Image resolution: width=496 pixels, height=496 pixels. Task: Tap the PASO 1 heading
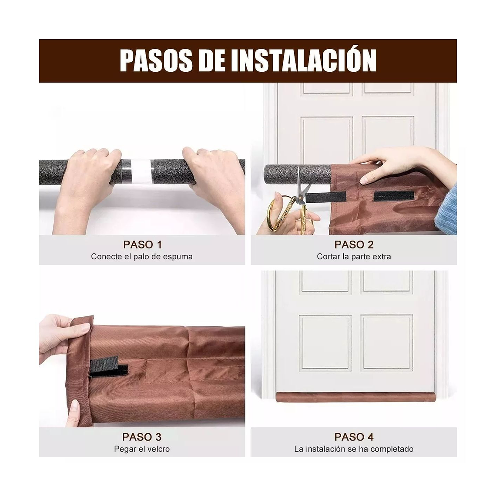(x=142, y=245)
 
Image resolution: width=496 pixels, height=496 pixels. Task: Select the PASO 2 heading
(x=354, y=245)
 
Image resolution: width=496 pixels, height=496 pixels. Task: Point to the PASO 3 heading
(x=142, y=437)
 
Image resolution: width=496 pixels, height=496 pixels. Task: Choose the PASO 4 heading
(x=354, y=437)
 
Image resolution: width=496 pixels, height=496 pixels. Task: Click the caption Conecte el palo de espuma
(x=142, y=257)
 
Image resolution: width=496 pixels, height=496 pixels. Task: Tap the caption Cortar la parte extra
(x=354, y=257)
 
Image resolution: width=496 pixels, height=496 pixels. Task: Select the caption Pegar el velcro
(x=142, y=449)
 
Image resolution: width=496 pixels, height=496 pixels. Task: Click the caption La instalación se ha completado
(x=354, y=449)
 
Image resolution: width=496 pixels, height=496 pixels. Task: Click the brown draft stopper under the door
(x=353, y=397)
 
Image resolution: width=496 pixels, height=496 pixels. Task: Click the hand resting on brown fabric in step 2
(x=392, y=163)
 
